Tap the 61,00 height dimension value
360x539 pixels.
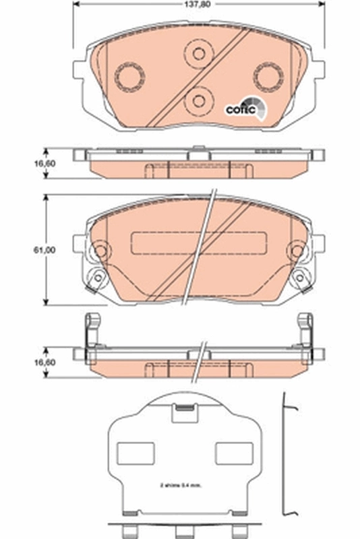pos(44,250)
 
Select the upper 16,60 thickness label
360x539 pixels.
pos(44,162)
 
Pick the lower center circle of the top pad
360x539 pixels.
pos(199,100)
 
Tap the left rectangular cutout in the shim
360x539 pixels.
pos(136,453)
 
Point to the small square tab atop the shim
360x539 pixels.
pos(183,411)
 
